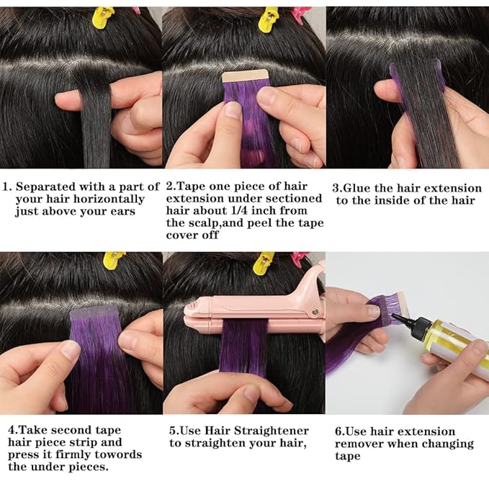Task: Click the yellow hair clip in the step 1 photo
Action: point(103,14)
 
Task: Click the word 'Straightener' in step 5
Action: point(272,430)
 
